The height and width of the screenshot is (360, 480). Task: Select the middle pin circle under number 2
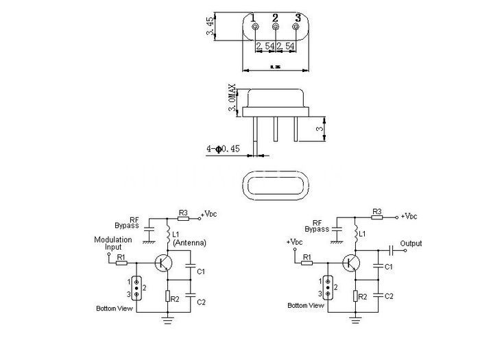click(x=276, y=27)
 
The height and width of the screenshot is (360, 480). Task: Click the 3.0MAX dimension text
click(x=232, y=99)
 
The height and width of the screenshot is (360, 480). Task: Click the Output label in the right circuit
click(x=411, y=243)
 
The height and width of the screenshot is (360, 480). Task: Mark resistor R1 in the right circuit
click(x=307, y=261)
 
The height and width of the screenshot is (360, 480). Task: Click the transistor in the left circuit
click(x=163, y=263)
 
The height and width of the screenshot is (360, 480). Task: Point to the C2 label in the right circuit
click(x=388, y=296)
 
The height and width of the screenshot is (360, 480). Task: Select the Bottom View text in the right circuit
click(x=306, y=306)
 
